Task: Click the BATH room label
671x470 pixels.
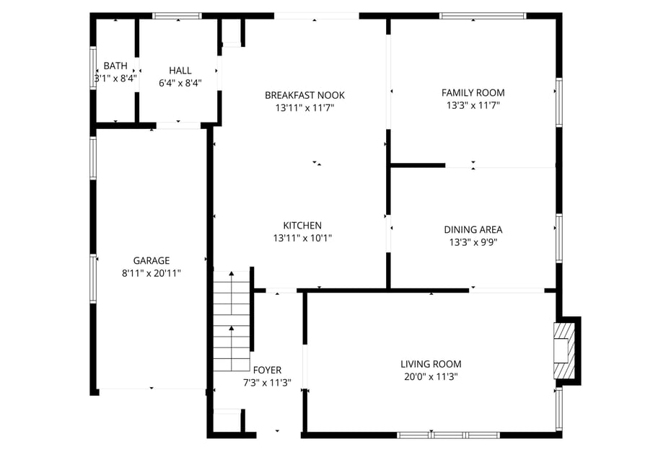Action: (115, 66)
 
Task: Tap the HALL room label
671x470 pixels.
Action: (180, 70)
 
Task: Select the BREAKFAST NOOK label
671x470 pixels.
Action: (304, 95)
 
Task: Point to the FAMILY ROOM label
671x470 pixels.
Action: (473, 92)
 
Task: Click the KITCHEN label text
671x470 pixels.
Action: (302, 226)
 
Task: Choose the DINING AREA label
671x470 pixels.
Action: (473, 230)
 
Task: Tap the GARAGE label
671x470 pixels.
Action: (152, 261)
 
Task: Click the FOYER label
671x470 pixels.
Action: (267, 371)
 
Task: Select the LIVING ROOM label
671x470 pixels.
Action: (431, 364)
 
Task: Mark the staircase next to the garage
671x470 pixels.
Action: (231, 319)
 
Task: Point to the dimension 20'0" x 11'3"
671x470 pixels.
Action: (431, 376)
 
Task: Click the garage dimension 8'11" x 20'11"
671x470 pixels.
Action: (152, 273)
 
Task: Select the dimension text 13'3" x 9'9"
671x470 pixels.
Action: (473, 242)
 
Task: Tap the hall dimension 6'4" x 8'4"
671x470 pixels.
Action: (180, 82)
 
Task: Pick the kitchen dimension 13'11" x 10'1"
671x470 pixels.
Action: (302, 238)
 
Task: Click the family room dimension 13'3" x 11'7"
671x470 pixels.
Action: (473, 105)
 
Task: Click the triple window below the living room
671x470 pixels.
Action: (449, 435)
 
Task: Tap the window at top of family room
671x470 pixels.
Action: (483, 15)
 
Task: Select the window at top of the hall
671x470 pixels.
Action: (177, 15)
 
